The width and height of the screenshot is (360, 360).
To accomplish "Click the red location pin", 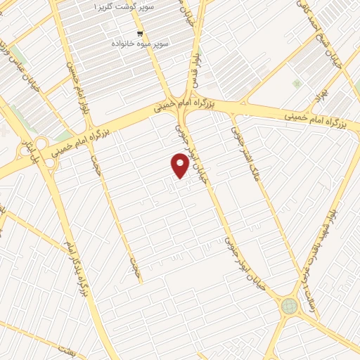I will [180, 165].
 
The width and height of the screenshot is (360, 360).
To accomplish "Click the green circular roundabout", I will [289, 306].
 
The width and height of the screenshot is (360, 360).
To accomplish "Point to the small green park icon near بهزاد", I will [297, 84].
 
